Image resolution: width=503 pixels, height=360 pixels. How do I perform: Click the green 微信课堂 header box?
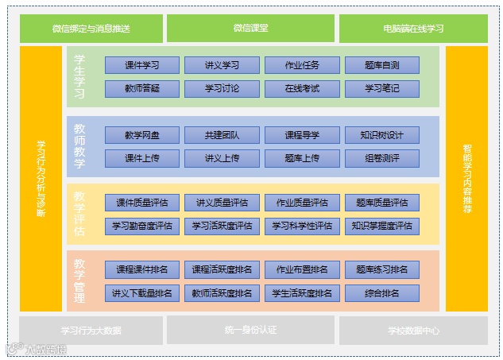tap(250, 28)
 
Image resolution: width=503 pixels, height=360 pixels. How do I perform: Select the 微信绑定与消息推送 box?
tap(91, 29)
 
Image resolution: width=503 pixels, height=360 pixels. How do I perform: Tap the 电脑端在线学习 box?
tap(413, 29)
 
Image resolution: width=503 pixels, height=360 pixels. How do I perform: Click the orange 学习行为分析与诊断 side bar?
tap(41, 179)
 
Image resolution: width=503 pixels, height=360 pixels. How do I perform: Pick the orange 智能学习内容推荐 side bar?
tap(466, 179)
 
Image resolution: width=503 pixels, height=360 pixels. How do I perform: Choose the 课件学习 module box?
tap(142, 65)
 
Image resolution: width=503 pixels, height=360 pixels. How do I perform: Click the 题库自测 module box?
tap(382, 65)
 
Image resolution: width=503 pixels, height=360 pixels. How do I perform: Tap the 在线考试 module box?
tap(302, 88)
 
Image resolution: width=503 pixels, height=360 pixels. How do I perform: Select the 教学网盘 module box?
tap(142, 135)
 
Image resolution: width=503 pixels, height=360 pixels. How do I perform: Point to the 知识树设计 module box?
tap(382, 135)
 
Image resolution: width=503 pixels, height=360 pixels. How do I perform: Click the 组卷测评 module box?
tap(382, 158)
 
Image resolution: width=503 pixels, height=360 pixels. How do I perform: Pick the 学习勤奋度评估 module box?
tap(142, 226)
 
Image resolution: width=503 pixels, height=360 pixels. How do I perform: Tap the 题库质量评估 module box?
tap(382, 203)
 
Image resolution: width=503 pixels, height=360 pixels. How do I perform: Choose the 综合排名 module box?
tap(382, 293)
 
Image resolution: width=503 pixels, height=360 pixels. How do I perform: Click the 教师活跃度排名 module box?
tap(222, 293)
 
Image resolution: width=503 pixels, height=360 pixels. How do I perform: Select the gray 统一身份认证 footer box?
tap(250, 329)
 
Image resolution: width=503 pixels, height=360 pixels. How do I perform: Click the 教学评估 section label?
tap(79, 214)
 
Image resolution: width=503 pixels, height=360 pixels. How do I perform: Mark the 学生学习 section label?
tap(79, 76)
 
